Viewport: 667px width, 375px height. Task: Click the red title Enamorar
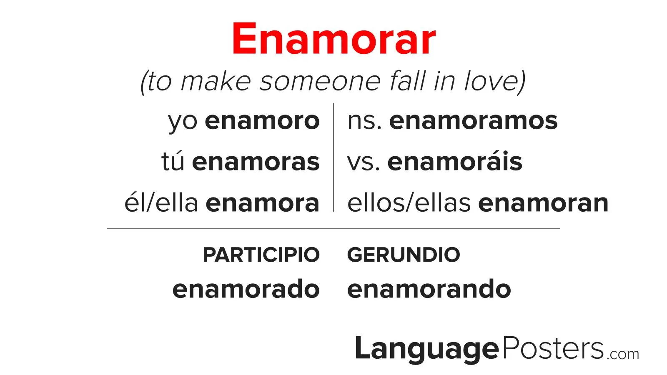coord(334,39)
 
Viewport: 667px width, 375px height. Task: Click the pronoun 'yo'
coord(183,122)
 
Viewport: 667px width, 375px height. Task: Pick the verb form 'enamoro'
coord(262,121)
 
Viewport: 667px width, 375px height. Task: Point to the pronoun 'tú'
coord(173,161)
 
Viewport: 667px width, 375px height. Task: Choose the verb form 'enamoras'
coord(256,162)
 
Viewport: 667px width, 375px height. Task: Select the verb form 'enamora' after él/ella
coord(263,203)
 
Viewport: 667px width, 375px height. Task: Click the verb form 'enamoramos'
coord(474,121)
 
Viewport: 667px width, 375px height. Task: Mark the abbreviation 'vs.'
coord(364,162)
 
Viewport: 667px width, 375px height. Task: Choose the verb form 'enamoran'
coord(544,203)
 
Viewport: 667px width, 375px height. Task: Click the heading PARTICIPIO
coord(261,255)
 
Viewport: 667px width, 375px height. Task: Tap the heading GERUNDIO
coord(404,255)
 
